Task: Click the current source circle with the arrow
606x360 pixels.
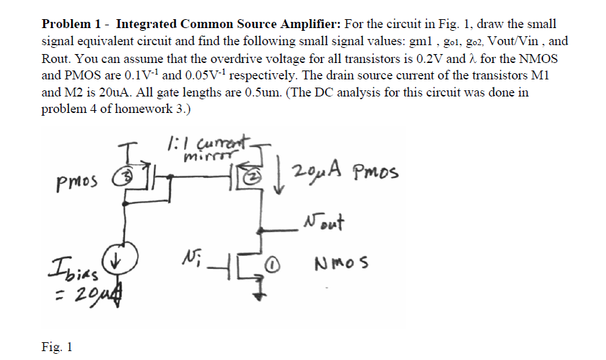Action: [127, 258]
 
